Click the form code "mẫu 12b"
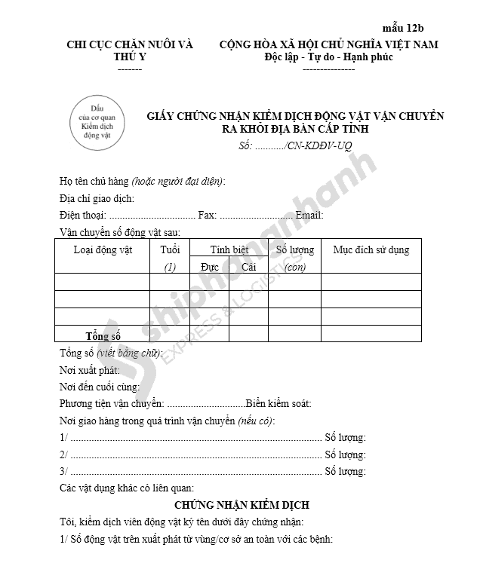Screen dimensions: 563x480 414,28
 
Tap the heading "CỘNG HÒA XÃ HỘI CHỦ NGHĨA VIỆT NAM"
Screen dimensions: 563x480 328,44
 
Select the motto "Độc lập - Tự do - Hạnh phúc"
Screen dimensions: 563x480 328,57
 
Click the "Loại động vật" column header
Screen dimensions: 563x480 103,250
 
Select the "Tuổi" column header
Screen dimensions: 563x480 170,250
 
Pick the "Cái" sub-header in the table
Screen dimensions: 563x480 248,267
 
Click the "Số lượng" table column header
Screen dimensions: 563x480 295,250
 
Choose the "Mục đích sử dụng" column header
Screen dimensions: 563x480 371,250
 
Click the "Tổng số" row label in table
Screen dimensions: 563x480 103,335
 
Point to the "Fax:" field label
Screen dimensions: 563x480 208,216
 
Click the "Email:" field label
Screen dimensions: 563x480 309,216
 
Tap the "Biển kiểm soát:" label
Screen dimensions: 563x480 278,404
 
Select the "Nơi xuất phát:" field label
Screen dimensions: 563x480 90,370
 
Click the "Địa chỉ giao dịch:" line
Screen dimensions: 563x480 97,198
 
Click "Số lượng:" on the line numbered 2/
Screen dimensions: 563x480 345,454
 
